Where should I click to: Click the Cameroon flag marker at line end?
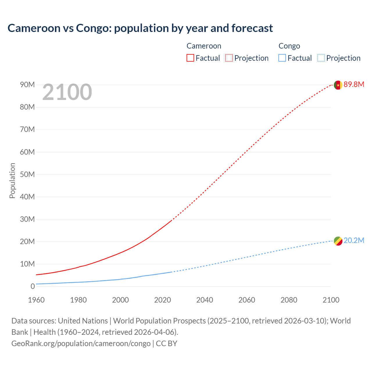coord(338,85)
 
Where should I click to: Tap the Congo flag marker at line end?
coord(338,241)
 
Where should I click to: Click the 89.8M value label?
coord(354,85)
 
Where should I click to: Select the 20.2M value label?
coord(354,241)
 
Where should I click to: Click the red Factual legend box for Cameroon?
coord(190,58)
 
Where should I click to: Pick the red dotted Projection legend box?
coord(229,58)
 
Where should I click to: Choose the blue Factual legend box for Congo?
coord(282,58)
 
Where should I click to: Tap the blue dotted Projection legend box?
coord(321,58)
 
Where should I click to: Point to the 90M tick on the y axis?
coord(27,85)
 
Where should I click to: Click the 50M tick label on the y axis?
coord(27,174)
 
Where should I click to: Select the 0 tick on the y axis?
coord(33,286)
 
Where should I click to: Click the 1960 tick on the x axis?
coord(36,300)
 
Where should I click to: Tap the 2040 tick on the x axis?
coord(205,300)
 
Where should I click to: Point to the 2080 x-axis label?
coord(289,300)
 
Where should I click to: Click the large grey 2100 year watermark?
coord(67,92)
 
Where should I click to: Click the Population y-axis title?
coord(12,180)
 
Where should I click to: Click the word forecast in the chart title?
coord(252,28)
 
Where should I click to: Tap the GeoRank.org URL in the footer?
coord(81,344)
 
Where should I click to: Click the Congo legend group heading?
coord(289,46)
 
